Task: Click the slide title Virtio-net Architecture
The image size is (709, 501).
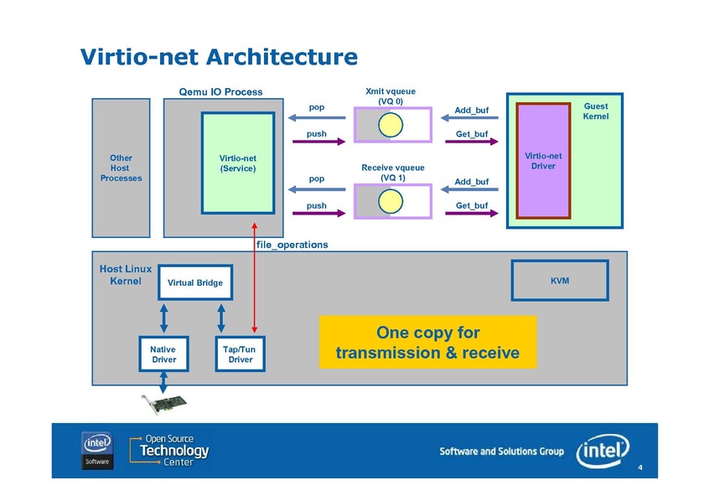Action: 219,57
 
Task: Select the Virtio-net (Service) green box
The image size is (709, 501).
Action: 237,163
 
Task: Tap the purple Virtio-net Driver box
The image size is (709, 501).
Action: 543,160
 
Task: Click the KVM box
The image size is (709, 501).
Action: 559,281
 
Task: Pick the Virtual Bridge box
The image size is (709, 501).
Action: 194,282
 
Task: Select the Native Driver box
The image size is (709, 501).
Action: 163,354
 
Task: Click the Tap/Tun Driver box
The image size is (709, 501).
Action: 240,354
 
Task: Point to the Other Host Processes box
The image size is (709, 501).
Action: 121,168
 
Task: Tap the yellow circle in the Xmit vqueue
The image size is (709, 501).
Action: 390,126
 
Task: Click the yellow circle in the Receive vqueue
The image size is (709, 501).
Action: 390,201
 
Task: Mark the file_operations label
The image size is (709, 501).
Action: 292,245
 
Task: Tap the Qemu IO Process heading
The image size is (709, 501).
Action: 220,92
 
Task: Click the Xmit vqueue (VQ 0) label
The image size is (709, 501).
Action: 390,96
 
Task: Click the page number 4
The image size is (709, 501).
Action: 639,467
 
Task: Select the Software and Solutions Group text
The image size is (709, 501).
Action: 501,452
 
